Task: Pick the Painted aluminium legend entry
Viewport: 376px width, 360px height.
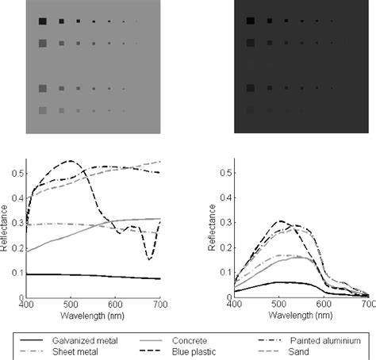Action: point(324,339)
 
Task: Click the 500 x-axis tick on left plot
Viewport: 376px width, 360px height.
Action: point(71,304)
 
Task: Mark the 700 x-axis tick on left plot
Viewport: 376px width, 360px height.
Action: point(159,304)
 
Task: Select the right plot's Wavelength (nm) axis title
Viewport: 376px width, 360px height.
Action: point(301,314)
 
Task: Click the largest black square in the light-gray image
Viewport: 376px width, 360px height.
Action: point(41,21)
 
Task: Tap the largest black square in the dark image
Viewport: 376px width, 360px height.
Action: point(251,21)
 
